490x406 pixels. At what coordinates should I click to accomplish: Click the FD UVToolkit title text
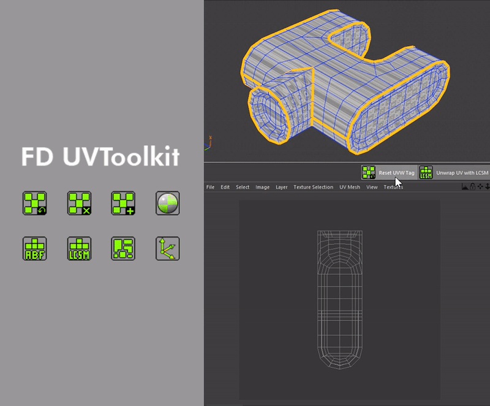pos(100,156)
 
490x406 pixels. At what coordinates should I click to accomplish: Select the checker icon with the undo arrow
pos(35,203)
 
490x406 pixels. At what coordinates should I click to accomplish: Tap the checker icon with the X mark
pos(79,203)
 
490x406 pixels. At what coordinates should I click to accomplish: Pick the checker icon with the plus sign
pos(123,203)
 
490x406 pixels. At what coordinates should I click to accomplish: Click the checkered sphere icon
pos(167,203)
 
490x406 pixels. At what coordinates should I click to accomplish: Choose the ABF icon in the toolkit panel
pos(35,248)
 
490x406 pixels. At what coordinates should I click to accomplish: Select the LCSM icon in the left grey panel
pos(79,248)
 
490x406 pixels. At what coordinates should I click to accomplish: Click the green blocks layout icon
pos(123,248)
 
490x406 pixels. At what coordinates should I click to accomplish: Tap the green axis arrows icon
pos(167,248)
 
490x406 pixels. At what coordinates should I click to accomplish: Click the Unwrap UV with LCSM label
pos(462,173)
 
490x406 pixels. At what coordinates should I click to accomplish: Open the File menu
pos(210,187)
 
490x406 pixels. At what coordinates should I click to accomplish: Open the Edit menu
pos(225,187)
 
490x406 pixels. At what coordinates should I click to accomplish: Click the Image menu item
pos(262,187)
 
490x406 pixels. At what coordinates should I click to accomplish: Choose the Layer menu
pos(282,187)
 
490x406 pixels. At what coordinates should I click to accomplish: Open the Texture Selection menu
pos(313,187)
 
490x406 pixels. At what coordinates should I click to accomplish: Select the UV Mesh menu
pos(350,187)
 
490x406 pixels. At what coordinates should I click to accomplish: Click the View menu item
pos(372,187)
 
